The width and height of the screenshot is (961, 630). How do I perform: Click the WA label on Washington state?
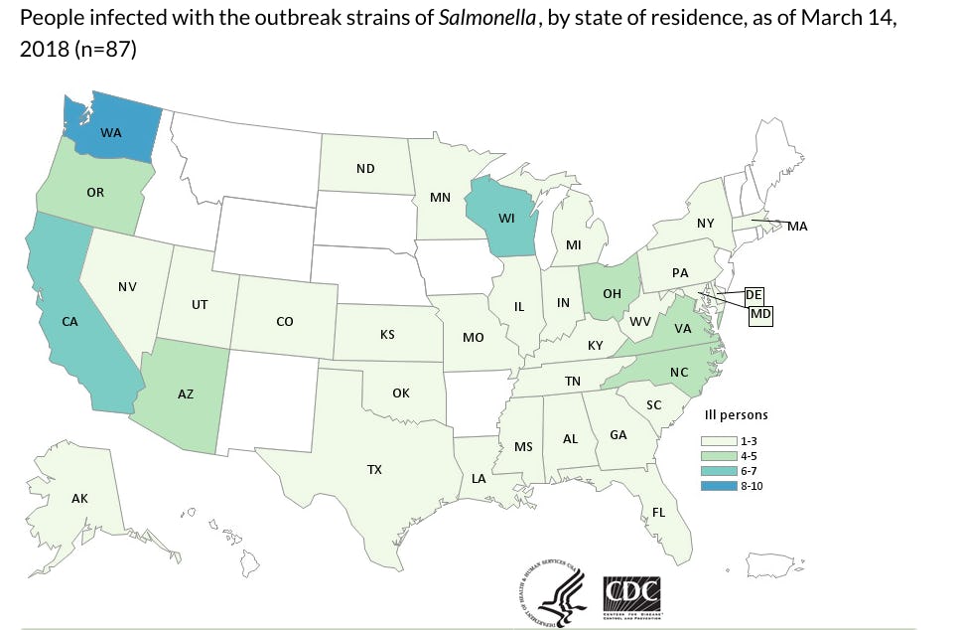(111, 132)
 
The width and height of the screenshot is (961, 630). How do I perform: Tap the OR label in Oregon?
(95, 192)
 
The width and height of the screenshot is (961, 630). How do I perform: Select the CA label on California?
(69, 322)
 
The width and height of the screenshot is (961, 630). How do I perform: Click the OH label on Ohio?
(612, 294)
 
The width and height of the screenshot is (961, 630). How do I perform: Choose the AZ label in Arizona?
(185, 394)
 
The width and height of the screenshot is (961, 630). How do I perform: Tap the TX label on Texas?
(374, 468)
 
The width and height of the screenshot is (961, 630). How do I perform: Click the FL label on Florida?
(657, 513)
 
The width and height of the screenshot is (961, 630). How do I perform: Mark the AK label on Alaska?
(79, 498)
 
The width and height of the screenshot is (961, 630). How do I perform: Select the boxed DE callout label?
(753, 294)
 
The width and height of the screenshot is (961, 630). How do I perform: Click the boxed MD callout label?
(760, 314)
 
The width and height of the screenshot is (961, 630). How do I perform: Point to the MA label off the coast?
(797, 227)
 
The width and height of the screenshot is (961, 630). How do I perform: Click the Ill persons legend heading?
(735, 414)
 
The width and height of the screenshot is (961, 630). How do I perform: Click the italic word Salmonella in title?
(480, 19)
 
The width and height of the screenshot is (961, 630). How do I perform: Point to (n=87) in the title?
(103, 49)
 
